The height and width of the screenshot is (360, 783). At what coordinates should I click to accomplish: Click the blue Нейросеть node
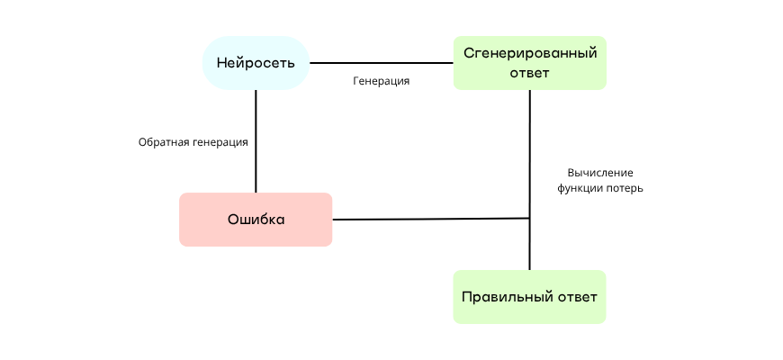click(x=256, y=63)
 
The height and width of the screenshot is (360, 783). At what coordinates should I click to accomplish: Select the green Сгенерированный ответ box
click(x=529, y=63)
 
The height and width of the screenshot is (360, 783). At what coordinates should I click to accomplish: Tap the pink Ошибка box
click(x=256, y=220)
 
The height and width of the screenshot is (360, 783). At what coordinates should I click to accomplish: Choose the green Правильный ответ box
click(x=529, y=297)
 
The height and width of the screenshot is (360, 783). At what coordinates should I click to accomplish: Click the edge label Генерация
click(x=382, y=81)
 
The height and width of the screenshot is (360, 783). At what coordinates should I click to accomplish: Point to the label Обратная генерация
click(x=193, y=142)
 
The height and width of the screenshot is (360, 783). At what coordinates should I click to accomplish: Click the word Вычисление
click(x=600, y=172)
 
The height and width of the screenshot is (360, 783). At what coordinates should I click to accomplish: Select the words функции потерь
click(x=600, y=189)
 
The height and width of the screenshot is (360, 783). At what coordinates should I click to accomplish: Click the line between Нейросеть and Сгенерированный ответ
click(x=382, y=63)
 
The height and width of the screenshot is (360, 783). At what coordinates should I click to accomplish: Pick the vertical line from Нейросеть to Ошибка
click(x=256, y=140)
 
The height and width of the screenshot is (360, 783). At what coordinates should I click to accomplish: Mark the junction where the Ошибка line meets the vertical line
click(x=529, y=218)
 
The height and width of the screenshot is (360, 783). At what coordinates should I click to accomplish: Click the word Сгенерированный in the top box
click(x=529, y=53)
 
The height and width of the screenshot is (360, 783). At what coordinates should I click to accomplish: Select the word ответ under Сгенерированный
click(x=529, y=73)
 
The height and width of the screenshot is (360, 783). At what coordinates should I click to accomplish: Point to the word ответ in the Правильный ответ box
click(x=576, y=297)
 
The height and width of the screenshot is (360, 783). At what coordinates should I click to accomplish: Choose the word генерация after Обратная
click(x=220, y=142)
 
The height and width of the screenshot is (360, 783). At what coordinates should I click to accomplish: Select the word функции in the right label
click(x=579, y=189)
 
